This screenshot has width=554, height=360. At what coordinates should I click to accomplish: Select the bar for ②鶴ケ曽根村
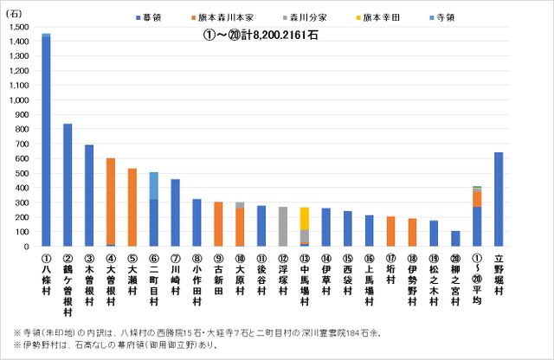click(68, 185)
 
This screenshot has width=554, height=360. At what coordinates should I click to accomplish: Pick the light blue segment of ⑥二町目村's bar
click(153, 185)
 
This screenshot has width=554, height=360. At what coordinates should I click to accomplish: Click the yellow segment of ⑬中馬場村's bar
click(305, 218)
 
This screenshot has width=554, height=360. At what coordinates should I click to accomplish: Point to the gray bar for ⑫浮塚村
click(283, 227)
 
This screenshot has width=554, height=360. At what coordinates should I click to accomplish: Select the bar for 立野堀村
click(499, 199)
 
